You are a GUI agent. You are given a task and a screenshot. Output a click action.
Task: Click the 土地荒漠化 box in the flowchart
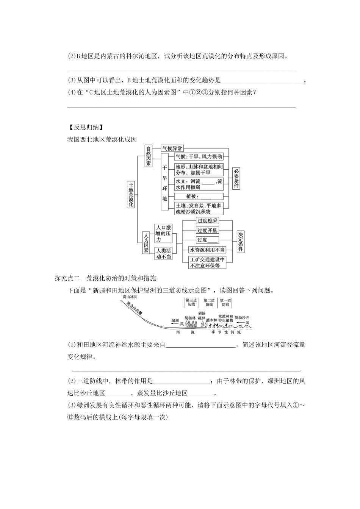click(x=131, y=194)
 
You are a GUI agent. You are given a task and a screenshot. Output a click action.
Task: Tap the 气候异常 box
click(x=172, y=148)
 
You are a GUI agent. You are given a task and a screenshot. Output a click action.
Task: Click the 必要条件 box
click(x=236, y=179)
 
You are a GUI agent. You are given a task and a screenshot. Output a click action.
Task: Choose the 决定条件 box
click(x=241, y=242)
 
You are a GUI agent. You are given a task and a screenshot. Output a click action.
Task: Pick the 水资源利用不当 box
click(x=207, y=250)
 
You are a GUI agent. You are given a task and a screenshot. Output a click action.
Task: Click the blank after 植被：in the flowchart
click(x=206, y=196)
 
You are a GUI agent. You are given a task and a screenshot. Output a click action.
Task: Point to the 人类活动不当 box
click(x=163, y=253)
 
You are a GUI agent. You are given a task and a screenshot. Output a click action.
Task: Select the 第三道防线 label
click(x=191, y=302)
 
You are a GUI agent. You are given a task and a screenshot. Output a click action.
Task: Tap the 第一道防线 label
click(x=226, y=302)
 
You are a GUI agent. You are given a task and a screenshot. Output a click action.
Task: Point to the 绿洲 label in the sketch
click(x=175, y=320)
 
